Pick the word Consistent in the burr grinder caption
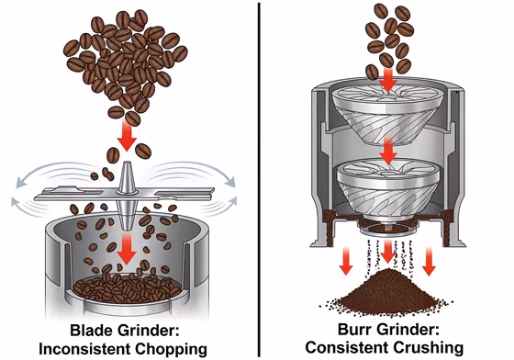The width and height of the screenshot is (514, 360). click(350, 348)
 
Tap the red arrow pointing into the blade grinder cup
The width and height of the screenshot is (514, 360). click(127, 246)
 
